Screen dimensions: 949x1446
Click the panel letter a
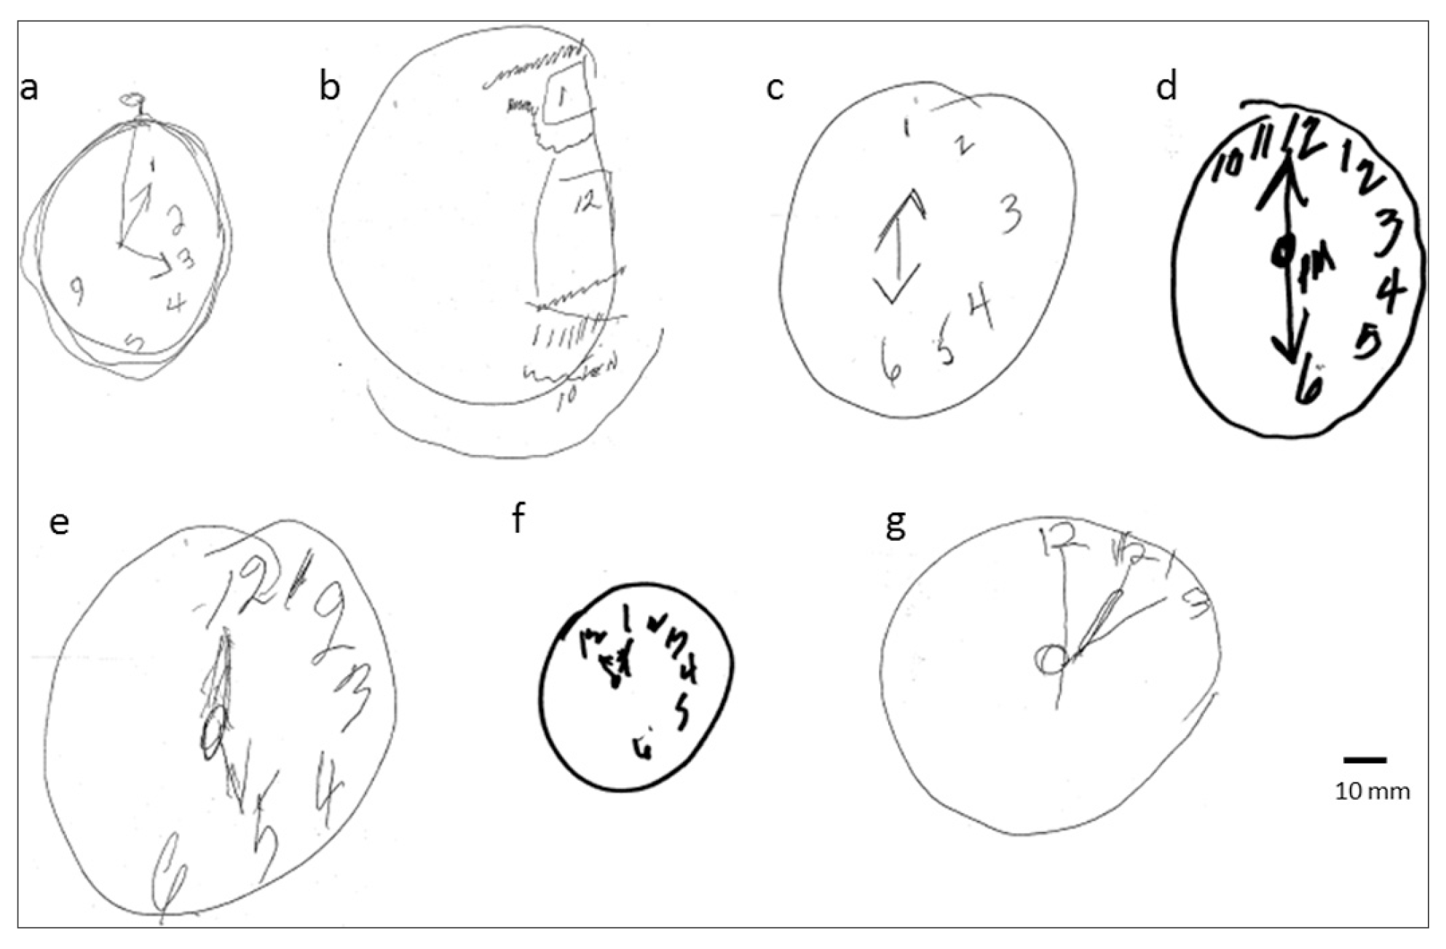[29, 89]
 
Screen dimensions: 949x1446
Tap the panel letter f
[518, 519]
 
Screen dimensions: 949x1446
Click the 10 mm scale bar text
[1372, 792]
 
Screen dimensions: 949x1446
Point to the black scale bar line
[1364, 760]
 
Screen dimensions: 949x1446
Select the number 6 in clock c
[890, 362]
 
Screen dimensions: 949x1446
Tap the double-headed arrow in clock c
[900, 246]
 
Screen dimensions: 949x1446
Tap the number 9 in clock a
[76, 289]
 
